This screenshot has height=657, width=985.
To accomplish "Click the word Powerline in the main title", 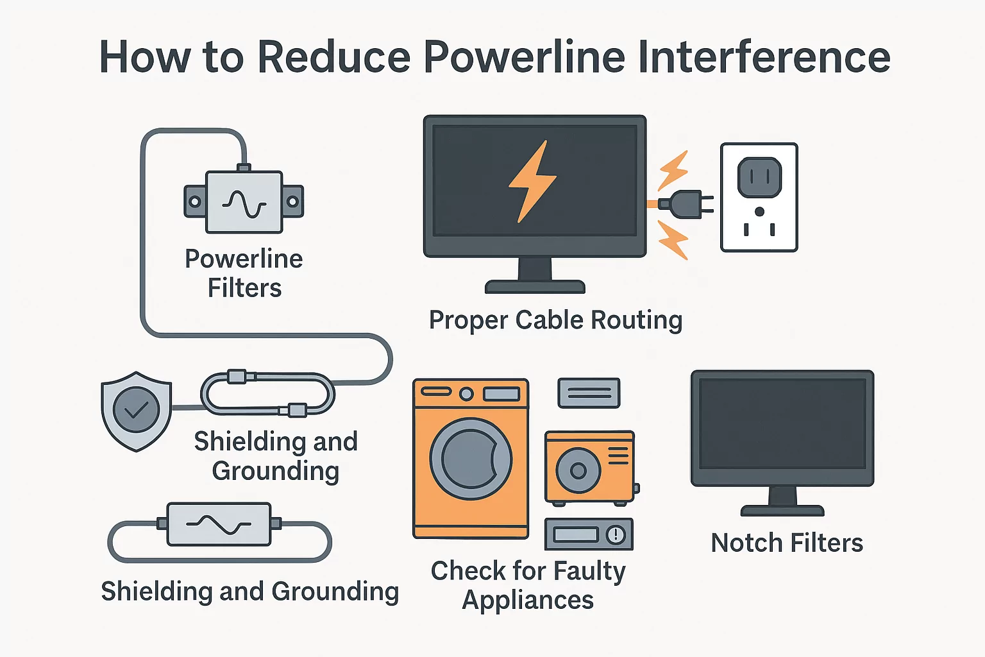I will click(524, 58).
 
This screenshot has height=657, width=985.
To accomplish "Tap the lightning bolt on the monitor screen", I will click(532, 182).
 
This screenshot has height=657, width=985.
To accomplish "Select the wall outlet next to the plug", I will click(759, 197).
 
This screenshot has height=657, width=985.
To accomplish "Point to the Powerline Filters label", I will click(244, 273).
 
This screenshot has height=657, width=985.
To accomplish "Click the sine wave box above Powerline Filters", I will click(244, 202).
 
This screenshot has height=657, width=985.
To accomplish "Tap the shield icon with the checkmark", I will click(136, 411).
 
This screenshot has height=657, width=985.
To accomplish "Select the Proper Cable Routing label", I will click(555, 320).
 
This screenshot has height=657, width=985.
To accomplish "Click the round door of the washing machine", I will click(471, 459).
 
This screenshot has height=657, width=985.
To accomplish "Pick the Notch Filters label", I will click(787, 543).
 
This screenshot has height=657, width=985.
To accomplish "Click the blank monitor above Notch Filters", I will click(782, 427).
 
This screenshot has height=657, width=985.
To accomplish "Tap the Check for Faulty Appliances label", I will click(528, 585).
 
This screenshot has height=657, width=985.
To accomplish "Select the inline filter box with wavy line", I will click(219, 524).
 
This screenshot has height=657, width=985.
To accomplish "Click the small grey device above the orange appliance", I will click(589, 393).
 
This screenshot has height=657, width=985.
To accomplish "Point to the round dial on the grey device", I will click(616, 534).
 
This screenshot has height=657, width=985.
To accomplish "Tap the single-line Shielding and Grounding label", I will click(249, 591).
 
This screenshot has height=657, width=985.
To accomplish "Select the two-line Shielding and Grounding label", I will click(276, 456).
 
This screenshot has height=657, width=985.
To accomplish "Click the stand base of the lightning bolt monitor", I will click(535, 286).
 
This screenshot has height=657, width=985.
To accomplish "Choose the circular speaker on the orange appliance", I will click(578, 470).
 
